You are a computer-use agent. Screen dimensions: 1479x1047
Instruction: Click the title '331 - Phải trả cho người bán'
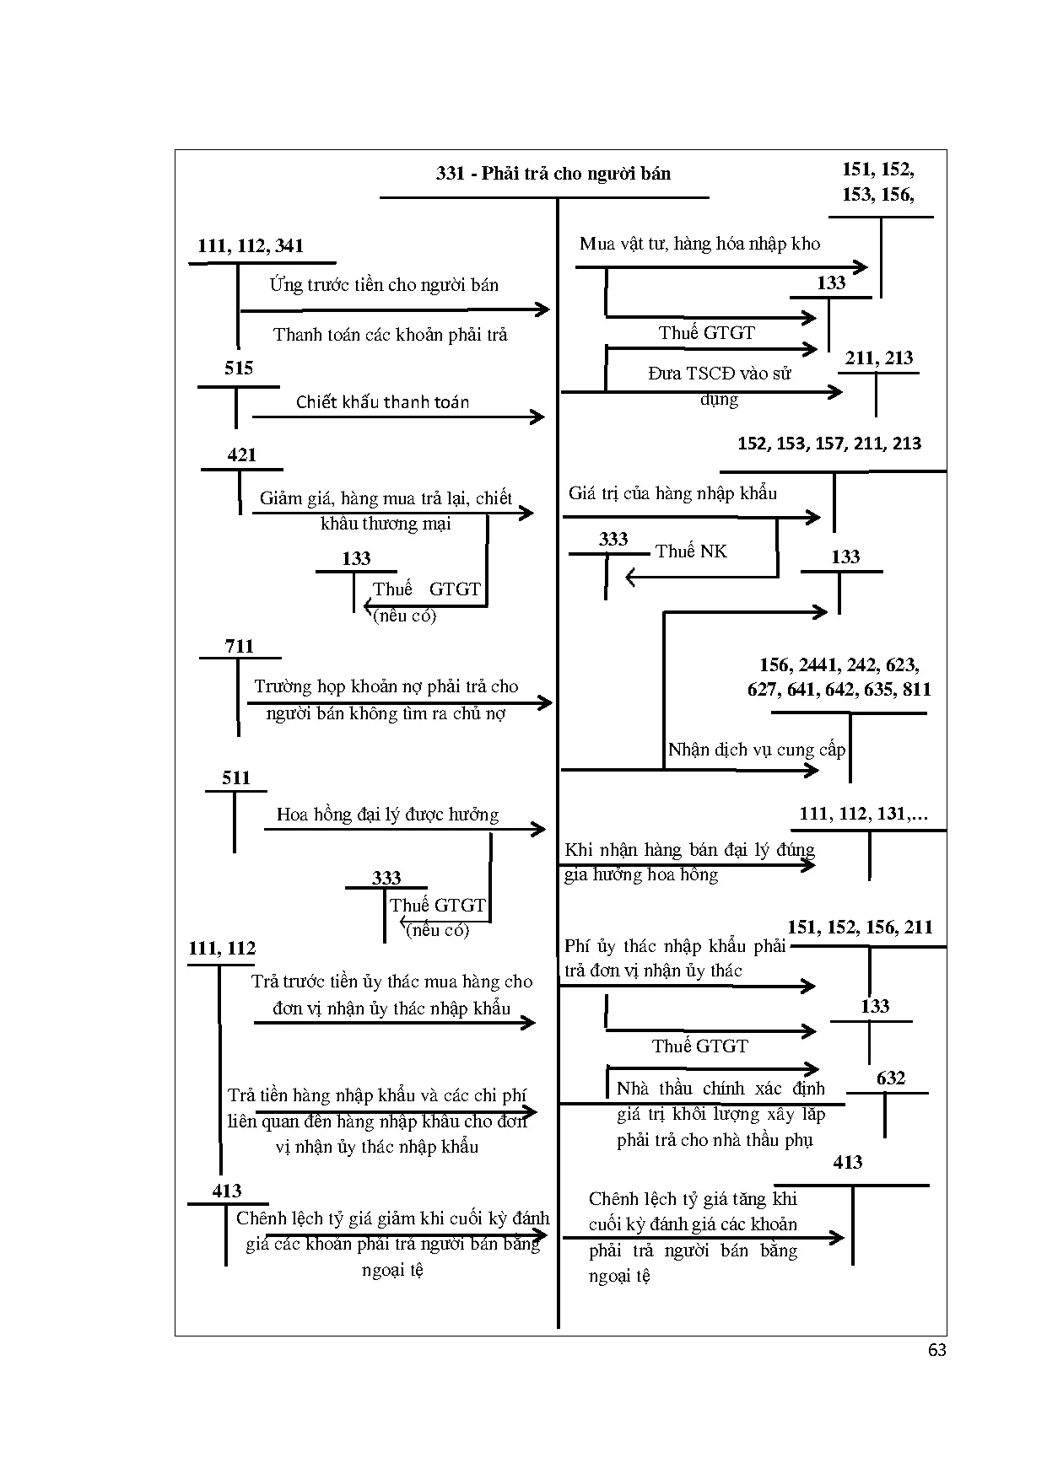(x=553, y=174)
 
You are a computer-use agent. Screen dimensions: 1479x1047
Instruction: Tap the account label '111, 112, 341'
(x=251, y=246)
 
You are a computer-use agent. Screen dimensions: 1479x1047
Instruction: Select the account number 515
(x=239, y=368)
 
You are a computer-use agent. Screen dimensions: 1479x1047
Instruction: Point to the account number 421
(x=241, y=455)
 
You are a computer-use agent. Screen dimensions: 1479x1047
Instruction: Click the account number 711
(x=240, y=647)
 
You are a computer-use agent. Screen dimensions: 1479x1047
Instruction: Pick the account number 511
(x=236, y=778)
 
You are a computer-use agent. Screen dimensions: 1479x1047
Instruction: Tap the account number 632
(x=891, y=1078)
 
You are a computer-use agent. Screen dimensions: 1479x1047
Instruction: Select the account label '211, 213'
(x=879, y=358)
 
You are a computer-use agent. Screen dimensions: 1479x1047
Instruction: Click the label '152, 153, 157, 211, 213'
(x=829, y=444)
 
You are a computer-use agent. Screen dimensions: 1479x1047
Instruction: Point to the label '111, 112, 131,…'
(x=864, y=815)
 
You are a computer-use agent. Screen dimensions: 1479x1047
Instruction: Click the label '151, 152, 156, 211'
(x=860, y=928)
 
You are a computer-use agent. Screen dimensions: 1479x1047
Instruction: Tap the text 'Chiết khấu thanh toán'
(x=382, y=402)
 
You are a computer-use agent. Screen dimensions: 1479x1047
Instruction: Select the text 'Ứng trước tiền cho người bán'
(x=384, y=285)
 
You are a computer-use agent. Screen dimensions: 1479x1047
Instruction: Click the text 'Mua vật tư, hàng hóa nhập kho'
(x=699, y=245)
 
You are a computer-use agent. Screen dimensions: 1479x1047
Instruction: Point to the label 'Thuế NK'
(x=691, y=551)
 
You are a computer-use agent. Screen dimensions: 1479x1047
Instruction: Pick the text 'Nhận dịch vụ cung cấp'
(x=756, y=750)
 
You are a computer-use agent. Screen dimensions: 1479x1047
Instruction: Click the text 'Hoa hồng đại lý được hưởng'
(x=387, y=815)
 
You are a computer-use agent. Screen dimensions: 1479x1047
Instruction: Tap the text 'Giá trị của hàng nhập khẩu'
(x=672, y=493)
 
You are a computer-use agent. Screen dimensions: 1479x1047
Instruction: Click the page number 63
(x=936, y=1350)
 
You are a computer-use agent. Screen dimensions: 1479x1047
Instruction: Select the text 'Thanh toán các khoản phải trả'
(x=391, y=335)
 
